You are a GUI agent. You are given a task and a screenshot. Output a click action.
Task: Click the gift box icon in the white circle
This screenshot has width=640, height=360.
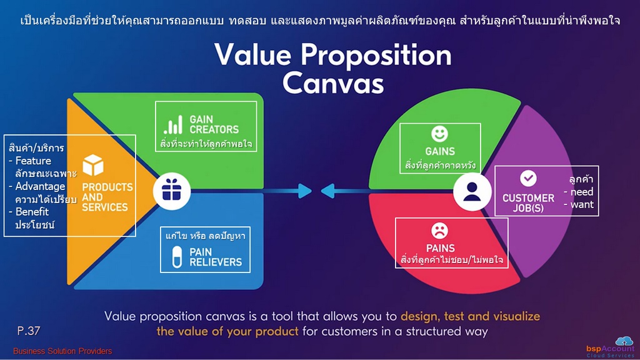coord(171,190)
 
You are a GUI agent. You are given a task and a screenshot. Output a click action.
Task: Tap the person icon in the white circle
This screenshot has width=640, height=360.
coord(472,191)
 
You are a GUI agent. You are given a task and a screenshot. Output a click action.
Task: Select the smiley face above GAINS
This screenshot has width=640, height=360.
coord(439,134)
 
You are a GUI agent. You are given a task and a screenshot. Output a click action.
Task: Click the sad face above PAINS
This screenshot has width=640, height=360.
coord(439,231)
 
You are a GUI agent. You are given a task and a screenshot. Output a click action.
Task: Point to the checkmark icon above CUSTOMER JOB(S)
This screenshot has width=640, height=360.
coord(528,178)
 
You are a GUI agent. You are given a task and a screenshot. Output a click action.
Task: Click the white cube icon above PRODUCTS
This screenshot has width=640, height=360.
coord(93,165)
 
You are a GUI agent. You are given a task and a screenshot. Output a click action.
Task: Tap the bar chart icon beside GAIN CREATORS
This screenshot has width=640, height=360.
coord(173,124)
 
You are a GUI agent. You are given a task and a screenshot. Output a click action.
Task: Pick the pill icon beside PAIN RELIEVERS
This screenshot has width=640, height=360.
coord(177,257)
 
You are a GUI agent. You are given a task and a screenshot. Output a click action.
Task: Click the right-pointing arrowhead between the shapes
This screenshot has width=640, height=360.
coord(304,191)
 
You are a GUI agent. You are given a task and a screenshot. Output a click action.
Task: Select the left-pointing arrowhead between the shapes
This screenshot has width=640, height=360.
coord(327,191)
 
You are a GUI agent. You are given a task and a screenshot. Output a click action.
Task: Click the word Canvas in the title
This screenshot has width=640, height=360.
coord(333,83)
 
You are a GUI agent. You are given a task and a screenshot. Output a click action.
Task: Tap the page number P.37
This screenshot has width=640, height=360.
coord(29,331)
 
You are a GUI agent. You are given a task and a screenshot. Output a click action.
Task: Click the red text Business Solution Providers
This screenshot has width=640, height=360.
coord(62,351)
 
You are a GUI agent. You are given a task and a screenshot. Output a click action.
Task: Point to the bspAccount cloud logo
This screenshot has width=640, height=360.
coord(610,347)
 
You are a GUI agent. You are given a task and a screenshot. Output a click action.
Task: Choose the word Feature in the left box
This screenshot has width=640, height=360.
coord(33,161)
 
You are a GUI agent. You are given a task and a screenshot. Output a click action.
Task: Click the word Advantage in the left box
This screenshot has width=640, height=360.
coord(40,186)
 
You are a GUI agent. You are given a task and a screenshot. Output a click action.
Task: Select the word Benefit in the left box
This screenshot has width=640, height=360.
coord(32,212)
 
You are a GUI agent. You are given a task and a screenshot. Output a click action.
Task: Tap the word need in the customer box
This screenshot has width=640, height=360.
coord(582,192)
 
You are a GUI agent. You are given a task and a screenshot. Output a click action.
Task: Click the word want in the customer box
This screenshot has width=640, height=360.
coord(582,204)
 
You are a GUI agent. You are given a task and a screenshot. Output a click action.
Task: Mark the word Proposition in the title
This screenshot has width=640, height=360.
coord(376,56)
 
